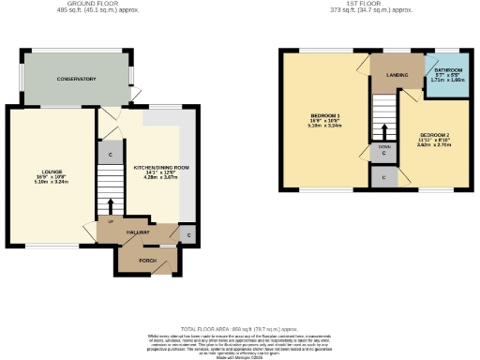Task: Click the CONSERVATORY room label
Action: pyautogui.click(x=75, y=80)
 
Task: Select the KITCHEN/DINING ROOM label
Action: pyautogui.click(x=161, y=167)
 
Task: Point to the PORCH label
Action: pyautogui.click(x=147, y=260)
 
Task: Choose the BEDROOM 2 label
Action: pyautogui.click(x=434, y=136)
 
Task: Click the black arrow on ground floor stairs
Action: pyautogui.click(x=111, y=205)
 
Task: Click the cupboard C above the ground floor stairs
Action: pyautogui.click(x=111, y=154)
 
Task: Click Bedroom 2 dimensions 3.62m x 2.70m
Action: pyautogui.click(x=434, y=146)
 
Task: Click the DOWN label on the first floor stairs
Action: pyautogui.click(x=384, y=147)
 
